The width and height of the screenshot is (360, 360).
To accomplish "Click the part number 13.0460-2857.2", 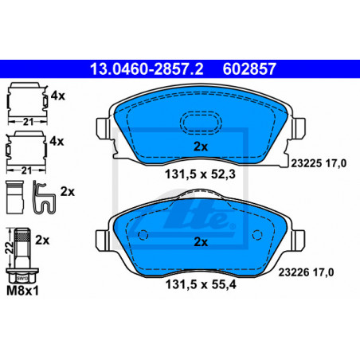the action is pyautogui.click(x=147, y=69).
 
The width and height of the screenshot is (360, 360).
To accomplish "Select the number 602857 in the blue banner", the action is pyautogui.click(x=249, y=69).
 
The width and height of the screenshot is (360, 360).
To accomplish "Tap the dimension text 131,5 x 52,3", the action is pyautogui.click(x=200, y=174).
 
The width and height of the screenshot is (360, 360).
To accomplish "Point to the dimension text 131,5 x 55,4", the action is pyautogui.click(x=201, y=284).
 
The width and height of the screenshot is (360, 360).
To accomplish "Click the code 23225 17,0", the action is pyautogui.click(x=319, y=163).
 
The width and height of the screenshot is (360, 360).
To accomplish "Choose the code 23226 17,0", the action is pyautogui.click(x=306, y=272).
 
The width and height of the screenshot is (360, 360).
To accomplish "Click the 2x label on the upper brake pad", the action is pyautogui.click(x=201, y=147).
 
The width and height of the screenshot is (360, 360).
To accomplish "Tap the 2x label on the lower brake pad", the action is pyautogui.click(x=201, y=242).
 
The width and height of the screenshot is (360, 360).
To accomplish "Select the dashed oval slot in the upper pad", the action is pyautogui.click(x=201, y=123).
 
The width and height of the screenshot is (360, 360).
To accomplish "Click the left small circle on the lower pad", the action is pyautogui.click(x=143, y=235).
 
